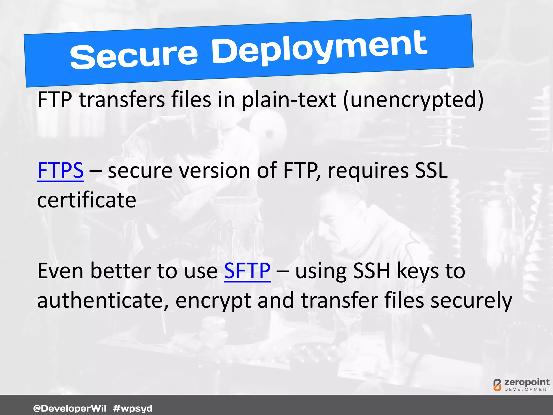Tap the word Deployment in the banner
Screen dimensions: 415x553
click(319, 48)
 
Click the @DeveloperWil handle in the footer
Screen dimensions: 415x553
click(70, 408)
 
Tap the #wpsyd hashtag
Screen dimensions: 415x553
click(133, 408)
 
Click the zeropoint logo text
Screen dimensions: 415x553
click(527, 382)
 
